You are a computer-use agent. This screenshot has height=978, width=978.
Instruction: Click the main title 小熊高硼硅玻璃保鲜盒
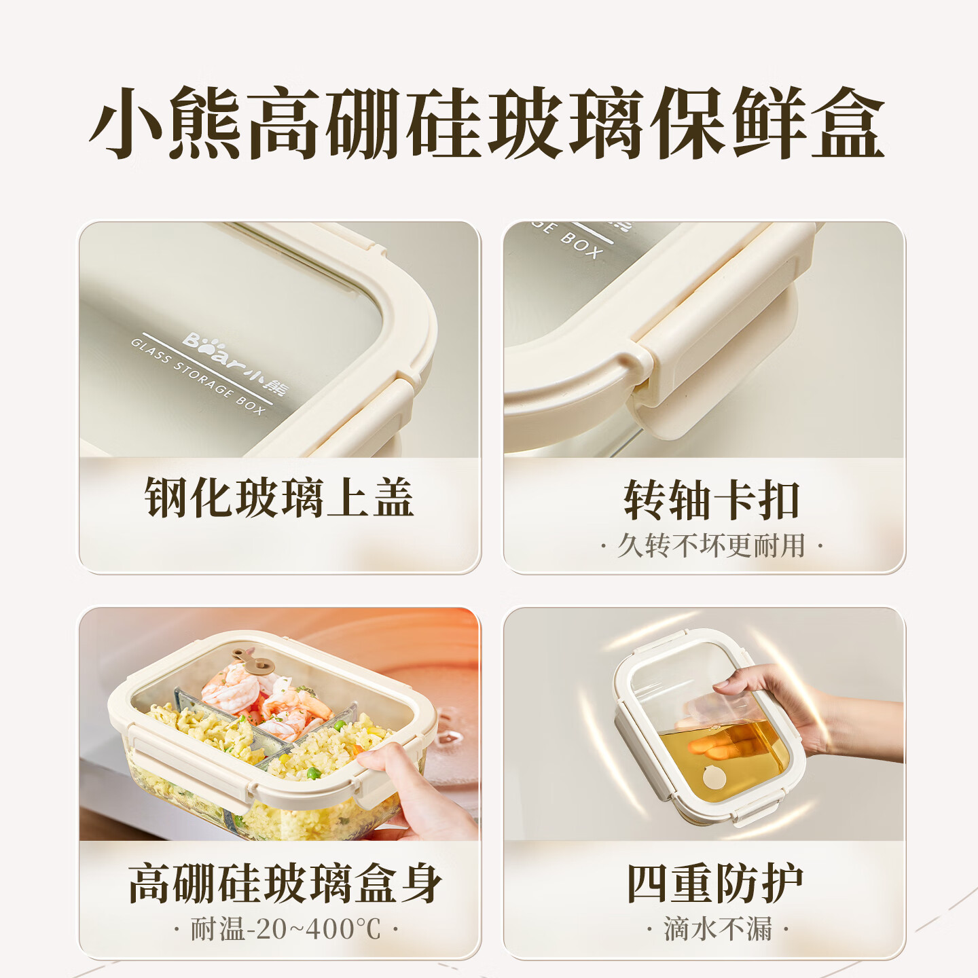(x=487, y=124)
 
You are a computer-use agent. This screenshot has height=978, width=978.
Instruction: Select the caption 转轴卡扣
(x=712, y=501)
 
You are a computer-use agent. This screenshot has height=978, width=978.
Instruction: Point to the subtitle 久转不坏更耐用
(x=711, y=545)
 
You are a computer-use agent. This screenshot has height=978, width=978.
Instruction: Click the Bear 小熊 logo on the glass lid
(x=234, y=363)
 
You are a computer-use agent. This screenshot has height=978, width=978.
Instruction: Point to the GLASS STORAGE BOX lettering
(x=198, y=376)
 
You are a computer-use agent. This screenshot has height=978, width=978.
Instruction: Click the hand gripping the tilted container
(x=792, y=710)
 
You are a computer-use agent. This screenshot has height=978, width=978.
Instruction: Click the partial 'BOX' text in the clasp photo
(x=581, y=247)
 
